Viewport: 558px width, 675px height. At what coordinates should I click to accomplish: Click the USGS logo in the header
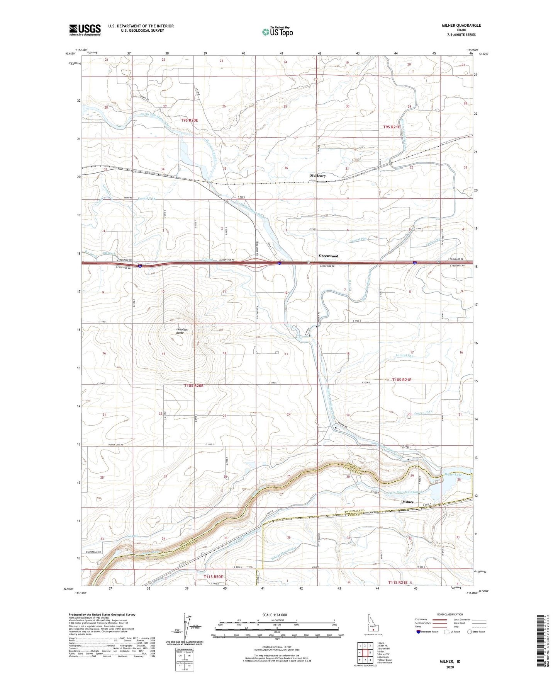click(85, 30)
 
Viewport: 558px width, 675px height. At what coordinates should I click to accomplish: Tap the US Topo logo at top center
click(277, 32)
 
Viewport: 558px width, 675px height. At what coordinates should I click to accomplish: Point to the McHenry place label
click(318, 176)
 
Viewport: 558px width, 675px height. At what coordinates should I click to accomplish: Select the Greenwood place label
click(328, 256)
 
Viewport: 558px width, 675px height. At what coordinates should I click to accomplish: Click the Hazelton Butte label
click(180, 331)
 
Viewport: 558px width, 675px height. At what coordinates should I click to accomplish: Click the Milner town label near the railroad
click(408, 502)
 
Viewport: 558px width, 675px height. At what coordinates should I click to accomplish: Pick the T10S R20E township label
click(193, 386)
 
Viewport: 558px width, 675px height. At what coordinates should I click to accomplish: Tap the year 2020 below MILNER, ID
click(450, 667)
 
